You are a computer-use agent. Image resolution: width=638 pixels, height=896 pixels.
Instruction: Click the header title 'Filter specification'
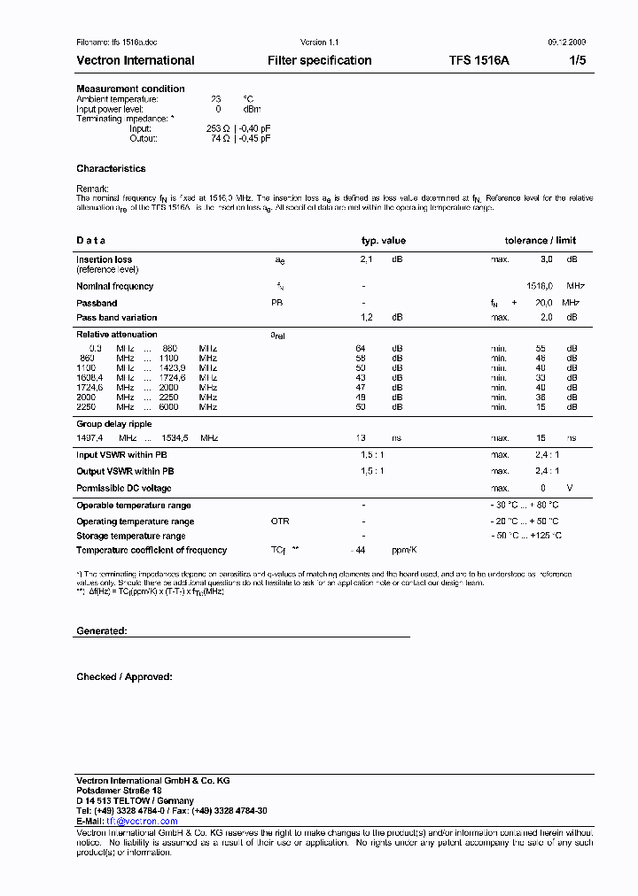(x=319, y=60)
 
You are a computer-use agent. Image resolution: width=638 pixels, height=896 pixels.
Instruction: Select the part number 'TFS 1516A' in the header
(x=478, y=60)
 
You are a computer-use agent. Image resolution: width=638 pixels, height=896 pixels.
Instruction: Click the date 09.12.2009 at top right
(x=567, y=42)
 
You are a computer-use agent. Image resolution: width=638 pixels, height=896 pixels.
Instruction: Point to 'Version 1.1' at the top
(x=319, y=42)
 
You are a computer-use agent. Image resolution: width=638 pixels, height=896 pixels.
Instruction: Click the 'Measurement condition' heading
(x=130, y=89)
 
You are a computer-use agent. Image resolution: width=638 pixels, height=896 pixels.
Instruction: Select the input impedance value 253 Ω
(x=218, y=128)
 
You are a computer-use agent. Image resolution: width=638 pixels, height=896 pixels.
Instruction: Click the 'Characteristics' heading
(x=111, y=168)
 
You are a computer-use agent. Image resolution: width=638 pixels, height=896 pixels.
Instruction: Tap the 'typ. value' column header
(x=383, y=240)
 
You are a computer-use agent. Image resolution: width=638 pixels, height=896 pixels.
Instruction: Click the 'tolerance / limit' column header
(x=540, y=240)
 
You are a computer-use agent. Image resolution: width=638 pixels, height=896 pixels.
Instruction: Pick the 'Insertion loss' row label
(x=104, y=259)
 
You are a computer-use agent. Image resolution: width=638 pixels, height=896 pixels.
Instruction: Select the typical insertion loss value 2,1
(x=366, y=259)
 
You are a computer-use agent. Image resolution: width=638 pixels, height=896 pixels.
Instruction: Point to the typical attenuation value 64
(x=361, y=348)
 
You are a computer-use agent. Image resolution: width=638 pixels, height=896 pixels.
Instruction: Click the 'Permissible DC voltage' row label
(x=123, y=488)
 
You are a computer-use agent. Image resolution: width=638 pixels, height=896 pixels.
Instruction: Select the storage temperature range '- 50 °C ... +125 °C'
(x=526, y=536)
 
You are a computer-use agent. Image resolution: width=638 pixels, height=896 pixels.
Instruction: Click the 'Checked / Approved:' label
(x=124, y=676)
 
